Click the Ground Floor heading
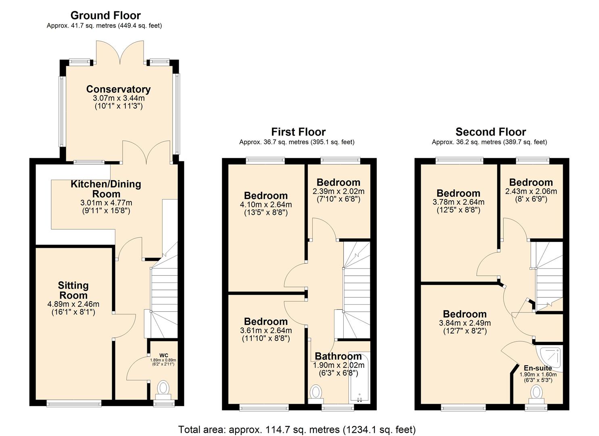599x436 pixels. point(105,15)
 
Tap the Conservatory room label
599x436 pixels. point(118,89)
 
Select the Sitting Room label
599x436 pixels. point(73,290)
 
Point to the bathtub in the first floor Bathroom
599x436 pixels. point(359,377)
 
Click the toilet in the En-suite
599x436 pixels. point(536,392)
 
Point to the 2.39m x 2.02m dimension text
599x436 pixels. point(338,191)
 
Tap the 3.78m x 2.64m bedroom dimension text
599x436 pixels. point(458,202)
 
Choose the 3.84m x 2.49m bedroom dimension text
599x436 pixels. point(465,323)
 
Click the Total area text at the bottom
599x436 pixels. point(297,429)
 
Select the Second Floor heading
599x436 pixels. point(490,132)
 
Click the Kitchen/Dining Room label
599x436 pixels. point(106,189)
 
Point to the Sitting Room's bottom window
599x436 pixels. point(74,403)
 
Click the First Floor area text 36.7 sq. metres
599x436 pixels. point(296,142)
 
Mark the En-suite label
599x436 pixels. point(537,368)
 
